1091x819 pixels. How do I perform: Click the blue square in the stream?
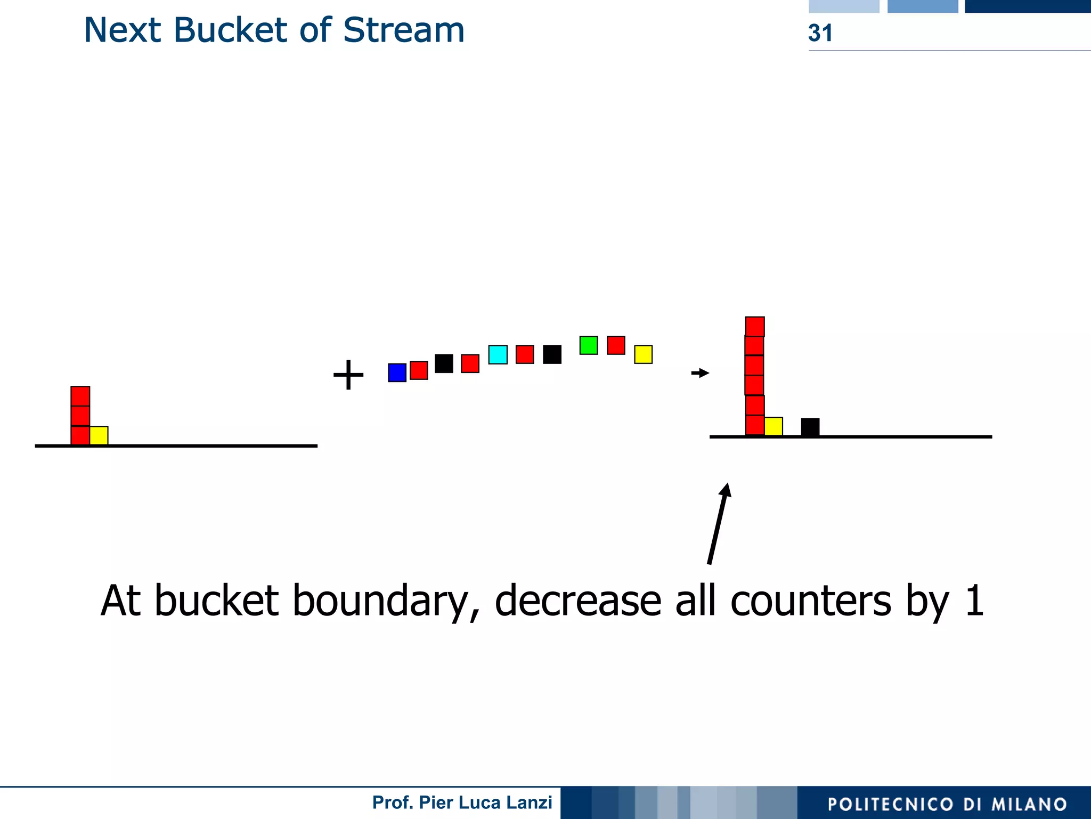[x=397, y=372]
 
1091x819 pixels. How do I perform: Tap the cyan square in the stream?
[x=498, y=354]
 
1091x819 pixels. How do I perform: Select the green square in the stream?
[x=588, y=345]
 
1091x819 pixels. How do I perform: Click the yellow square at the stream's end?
[x=643, y=354]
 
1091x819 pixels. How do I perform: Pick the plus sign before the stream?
[x=348, y=375]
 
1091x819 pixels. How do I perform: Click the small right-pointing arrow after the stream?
[x=700, y=373]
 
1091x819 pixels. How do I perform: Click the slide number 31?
[x=820, y=33]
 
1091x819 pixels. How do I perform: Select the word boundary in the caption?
[x=382, y=601]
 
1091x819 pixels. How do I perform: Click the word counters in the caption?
[x=811, y=601]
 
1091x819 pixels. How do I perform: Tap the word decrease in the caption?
[x=578, y=601]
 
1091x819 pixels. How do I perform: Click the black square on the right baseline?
[x=810, y=427]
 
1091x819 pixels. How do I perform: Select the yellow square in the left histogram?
[x=99, y=435]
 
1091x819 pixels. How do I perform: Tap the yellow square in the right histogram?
[x=773, y=426]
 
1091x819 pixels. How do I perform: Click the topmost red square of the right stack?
[x=755, y=327]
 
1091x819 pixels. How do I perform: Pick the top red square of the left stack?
[x=80, y=396]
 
